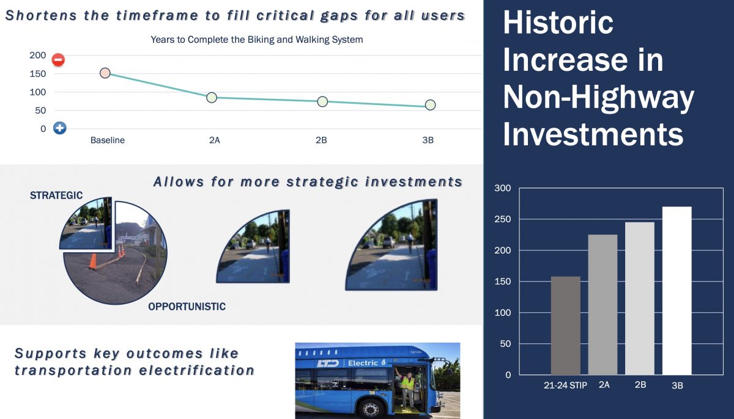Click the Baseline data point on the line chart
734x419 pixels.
tap(105, 73)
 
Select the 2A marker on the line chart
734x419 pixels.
tap(212, 98)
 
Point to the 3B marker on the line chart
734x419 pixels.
tap(430, 104)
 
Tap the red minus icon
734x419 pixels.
tap(58, 60)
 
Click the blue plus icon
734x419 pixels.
tap(60, 128)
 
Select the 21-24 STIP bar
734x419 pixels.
tap(566, 326)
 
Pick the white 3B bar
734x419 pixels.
tap(677, 291)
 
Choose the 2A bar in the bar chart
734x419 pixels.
tap(602, 305)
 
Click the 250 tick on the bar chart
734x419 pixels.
tap(503, 219)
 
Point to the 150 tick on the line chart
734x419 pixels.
tap(38, 73)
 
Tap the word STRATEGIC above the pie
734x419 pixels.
tap(56, 195)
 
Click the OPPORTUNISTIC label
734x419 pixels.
tap(187, 307)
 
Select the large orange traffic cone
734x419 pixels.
tap(94, 261)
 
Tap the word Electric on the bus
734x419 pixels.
tap(363, 363)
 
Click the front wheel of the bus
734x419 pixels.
tap(371, 409)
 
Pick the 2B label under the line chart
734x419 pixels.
tap(321, 140)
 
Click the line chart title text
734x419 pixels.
tap(256, 40)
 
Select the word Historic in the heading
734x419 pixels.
tap(558, 22)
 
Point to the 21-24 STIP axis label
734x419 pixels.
tap(565, 385)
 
